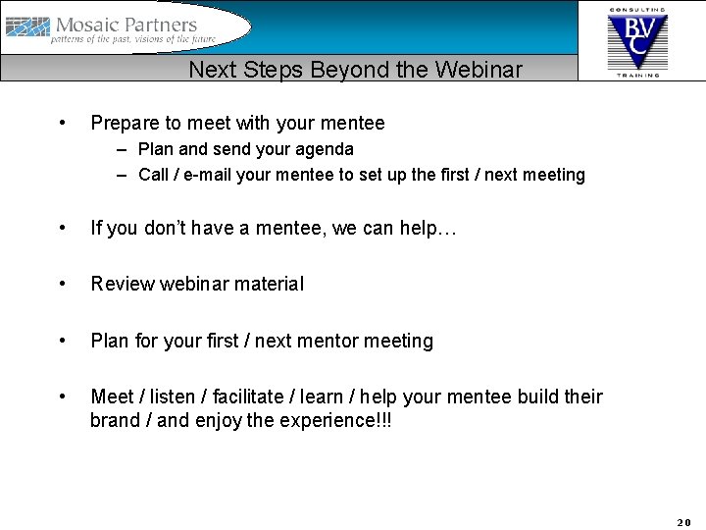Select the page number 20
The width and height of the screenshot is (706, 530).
[683, 522]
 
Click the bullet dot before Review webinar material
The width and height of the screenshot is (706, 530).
[63, 285]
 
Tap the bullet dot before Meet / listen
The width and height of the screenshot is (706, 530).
[63, 397]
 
